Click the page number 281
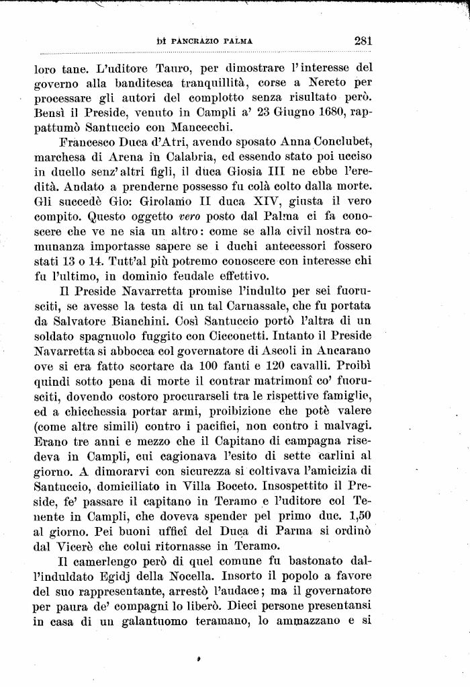tap(363, 40)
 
